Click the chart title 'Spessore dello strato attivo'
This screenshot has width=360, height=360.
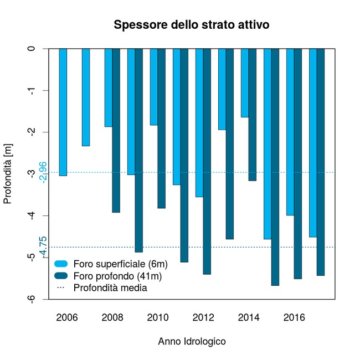[191, 25]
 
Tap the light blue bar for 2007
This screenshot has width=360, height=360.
[86, 97]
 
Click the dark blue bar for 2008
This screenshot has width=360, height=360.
[116, 130]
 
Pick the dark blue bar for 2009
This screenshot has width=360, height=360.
[139, 150]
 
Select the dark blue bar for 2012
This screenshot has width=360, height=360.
[207, 161]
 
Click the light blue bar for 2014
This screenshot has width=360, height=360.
[245, 83]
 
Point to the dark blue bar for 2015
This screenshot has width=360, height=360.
[275, 167]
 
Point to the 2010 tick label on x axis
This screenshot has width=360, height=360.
[158, 318]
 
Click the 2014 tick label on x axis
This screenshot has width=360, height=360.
[249, 318]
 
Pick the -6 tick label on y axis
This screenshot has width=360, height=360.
[33, 299]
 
